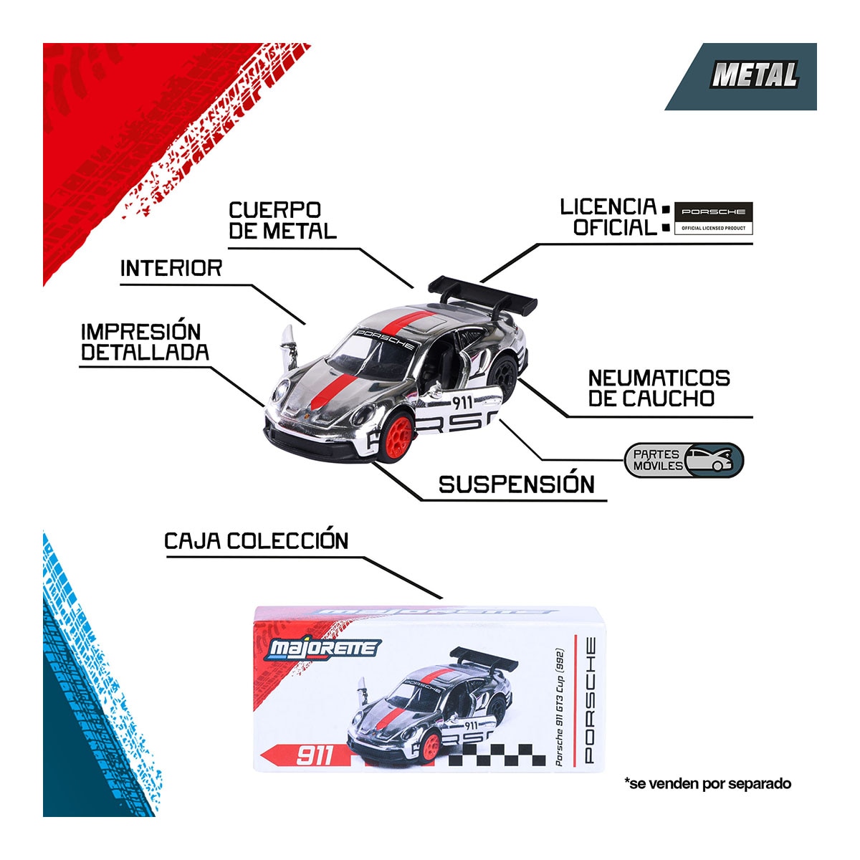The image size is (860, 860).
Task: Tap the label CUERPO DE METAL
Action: [x=282, y=221]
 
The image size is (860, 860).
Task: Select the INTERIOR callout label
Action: [x=171, y=269]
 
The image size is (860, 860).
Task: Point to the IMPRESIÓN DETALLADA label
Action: [x=145, y=343]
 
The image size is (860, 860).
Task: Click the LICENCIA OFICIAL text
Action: [x=608, y=217]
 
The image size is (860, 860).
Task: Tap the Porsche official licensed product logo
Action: [x=713, y=219]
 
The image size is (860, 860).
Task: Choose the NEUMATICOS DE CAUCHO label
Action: [x=659, y=388]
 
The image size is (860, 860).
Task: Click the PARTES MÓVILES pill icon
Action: [x=684, y=460]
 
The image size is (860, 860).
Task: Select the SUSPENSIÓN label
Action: [x=516, y=484]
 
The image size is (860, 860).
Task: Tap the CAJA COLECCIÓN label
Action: [x=256, y=541]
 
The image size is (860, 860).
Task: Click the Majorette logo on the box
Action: [x=322, y=649]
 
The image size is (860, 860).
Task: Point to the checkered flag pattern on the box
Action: [x=497, y=755]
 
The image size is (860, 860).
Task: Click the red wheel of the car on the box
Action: [x=431, y=747]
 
